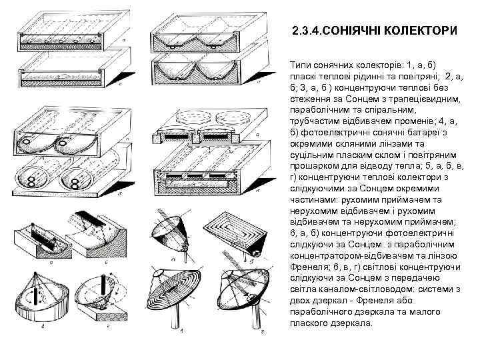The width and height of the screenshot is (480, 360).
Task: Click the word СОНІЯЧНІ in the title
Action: coord(359,31)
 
